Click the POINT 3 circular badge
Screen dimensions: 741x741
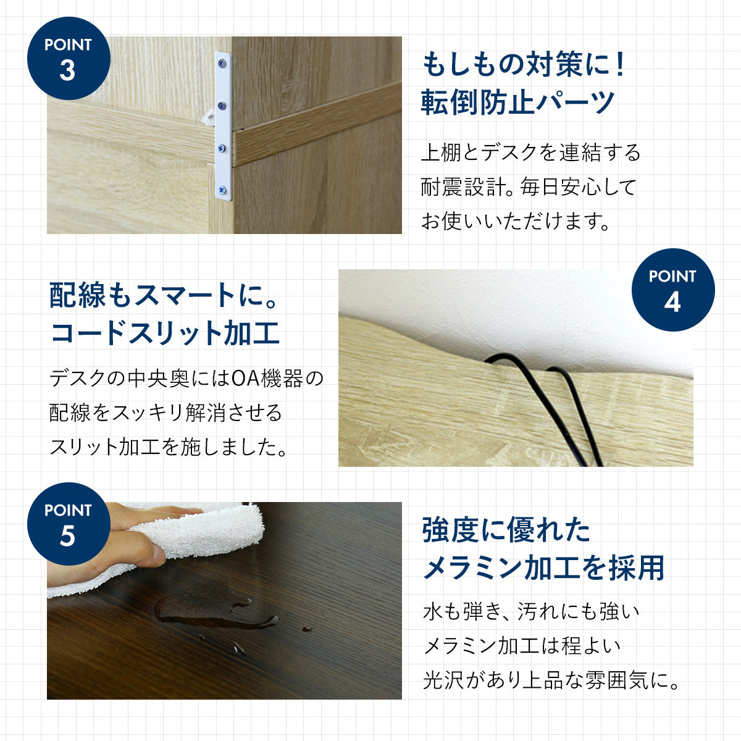point(69,58)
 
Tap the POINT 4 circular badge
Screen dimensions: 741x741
point(673,290)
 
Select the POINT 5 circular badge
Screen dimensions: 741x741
point(69,524)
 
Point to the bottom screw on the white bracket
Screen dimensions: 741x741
point(222,190)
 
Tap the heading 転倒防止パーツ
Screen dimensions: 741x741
point(518,103)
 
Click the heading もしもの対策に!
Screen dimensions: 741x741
point(524,65)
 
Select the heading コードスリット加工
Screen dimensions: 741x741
point(165,333)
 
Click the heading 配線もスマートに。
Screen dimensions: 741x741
point(163,295)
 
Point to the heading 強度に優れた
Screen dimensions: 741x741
point(506,530)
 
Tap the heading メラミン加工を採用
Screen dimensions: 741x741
point(544,567)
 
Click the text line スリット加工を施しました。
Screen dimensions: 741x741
point(169,447)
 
